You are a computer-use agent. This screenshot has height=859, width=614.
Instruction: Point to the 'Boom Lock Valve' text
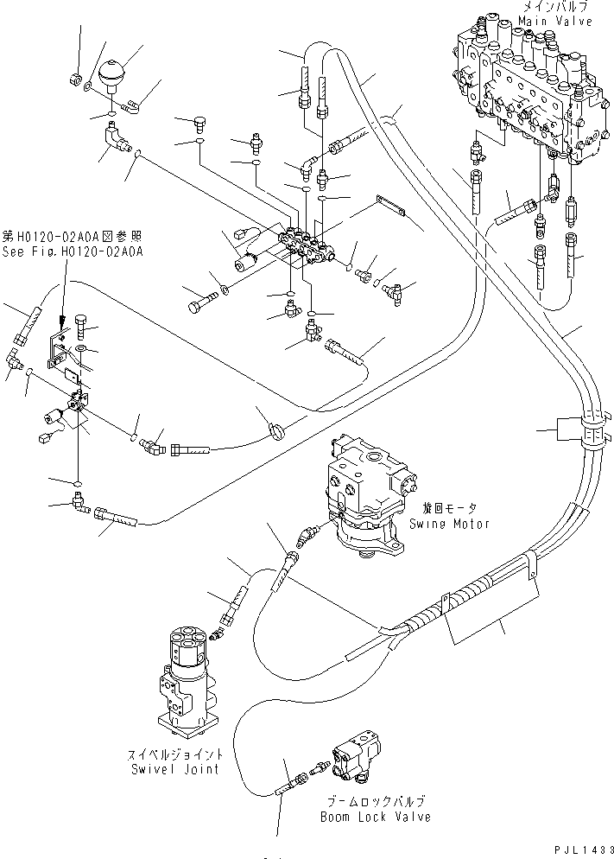pos(375,816)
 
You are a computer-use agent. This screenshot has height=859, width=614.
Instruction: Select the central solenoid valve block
pos(307,246)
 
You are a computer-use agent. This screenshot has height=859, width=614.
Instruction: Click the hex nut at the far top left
pos(74,80)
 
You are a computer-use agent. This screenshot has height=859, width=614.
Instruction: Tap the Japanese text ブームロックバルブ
pos(375,802)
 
